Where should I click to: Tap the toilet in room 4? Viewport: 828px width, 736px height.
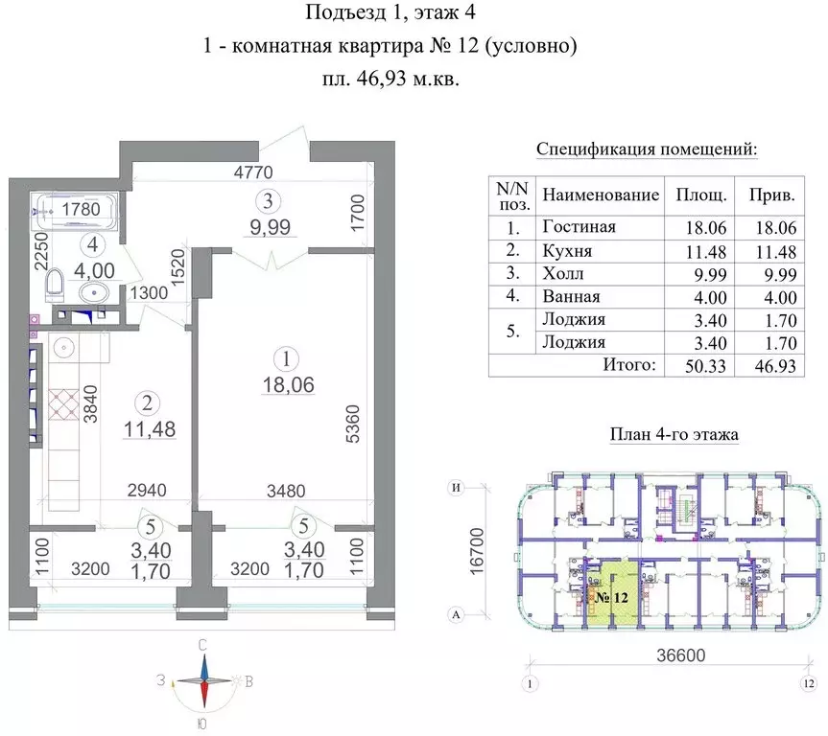pyautogui.click(x=56, y=284)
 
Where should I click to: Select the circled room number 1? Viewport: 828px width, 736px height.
pyautogui.click(x=283, y=359)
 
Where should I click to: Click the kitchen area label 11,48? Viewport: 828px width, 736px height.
pyautogui.click(x=145, y=430)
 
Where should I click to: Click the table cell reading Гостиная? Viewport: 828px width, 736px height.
pyautogui.click(x=578, y=227)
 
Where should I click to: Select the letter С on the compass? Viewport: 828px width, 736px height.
pyautogui.click(x=202, y=646)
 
